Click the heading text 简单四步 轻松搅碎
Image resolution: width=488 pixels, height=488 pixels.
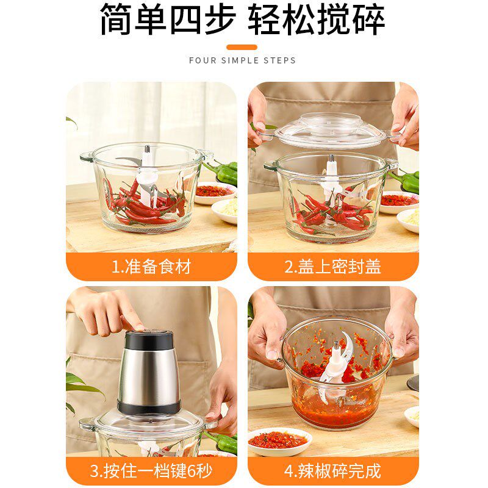[242, 21]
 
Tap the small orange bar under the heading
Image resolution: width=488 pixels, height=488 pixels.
[242, 47]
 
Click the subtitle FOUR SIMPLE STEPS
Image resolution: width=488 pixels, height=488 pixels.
[242, 60]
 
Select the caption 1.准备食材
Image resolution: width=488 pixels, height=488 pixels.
[151, 267]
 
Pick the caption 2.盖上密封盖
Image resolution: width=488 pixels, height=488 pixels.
[333, 267]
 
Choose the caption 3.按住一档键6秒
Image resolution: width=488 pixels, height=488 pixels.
[151, 471]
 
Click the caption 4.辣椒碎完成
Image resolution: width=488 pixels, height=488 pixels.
[333, 471]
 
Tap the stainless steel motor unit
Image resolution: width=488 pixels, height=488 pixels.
[149, 372]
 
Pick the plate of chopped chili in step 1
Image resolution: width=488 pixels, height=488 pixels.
[214, 191]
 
